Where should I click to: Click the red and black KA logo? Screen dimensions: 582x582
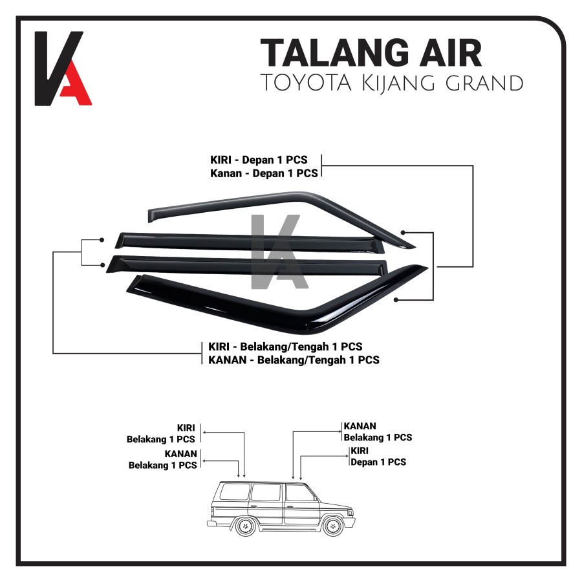click(63, 69)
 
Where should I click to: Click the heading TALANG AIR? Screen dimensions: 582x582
click(371, 53)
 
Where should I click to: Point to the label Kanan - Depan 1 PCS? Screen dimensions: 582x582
click(264, 173)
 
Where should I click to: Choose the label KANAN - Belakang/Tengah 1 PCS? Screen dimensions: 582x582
click(292, 360)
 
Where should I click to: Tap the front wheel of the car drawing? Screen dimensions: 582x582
click(333, 525)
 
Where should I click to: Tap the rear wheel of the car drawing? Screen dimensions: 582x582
click(246, 526)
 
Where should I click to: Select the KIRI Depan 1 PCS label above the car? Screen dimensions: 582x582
click(378, 457)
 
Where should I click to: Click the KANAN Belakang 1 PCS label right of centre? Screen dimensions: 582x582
click(378, 432)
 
